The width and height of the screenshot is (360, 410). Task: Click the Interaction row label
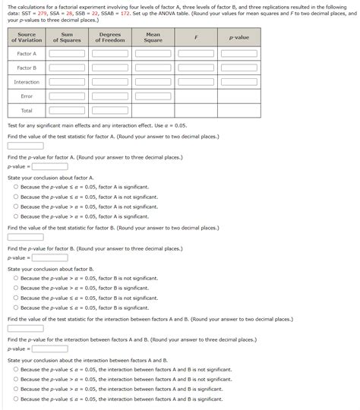27,82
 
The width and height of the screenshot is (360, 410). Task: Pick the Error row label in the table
27,96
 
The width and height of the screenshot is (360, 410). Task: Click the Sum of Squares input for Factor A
67,54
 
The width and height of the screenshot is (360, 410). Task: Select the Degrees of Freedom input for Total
110,111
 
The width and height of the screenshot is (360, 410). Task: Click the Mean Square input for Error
153,96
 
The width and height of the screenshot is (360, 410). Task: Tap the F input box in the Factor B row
196,68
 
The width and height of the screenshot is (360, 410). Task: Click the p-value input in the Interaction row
238,82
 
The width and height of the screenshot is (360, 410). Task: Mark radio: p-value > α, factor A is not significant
16,206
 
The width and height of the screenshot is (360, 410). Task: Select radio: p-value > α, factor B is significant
16,288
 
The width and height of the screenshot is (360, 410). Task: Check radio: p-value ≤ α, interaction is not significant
16,369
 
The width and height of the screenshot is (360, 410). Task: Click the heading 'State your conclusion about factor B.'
50,269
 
